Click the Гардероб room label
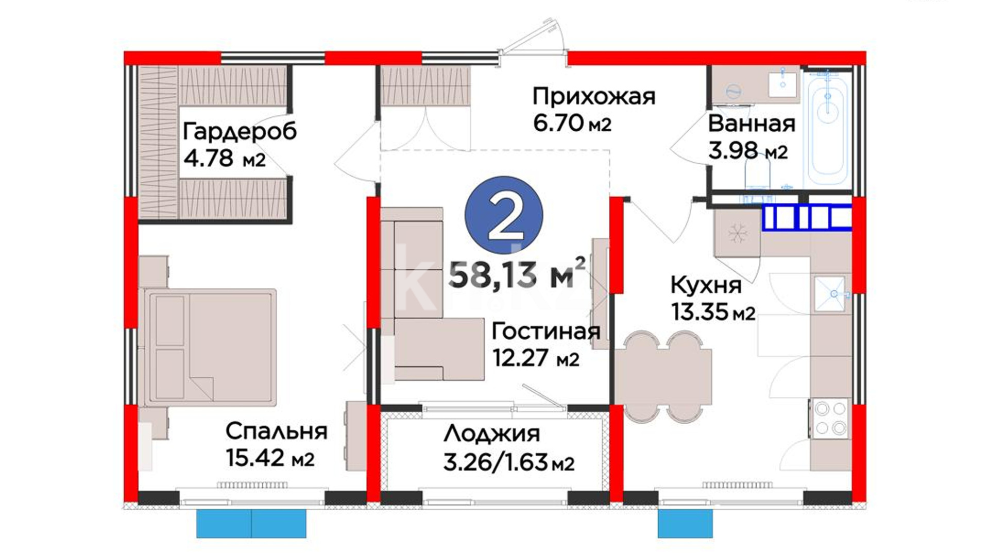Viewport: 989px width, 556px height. point(240,132)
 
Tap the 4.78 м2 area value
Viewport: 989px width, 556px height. point(225,158)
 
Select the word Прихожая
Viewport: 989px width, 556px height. point(594,97)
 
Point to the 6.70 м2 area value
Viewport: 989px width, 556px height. point(572,123)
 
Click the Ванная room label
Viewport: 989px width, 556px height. point(752,124)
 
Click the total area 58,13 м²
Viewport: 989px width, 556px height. point(517,273)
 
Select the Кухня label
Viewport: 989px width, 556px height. point(706,285)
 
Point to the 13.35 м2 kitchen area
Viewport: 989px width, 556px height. point(713,311)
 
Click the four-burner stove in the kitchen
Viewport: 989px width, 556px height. point(829,419)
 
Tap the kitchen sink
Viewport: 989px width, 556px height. point(830,294)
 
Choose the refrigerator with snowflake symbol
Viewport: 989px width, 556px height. point(737,235)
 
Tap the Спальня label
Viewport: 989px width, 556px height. point(277,431)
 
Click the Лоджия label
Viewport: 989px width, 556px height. point(492,434)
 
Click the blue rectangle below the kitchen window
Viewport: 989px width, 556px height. point(685,524)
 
